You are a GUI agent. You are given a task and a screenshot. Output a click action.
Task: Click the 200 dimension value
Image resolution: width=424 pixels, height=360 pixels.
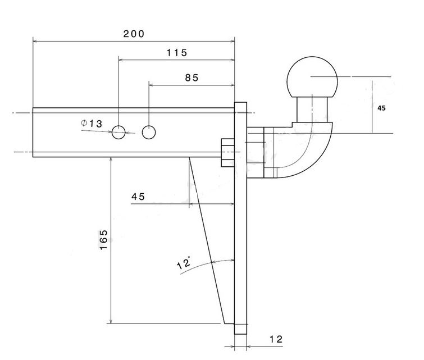click(134, 34)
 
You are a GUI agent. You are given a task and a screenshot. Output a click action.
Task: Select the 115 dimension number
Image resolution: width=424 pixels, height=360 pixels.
click(176, 53)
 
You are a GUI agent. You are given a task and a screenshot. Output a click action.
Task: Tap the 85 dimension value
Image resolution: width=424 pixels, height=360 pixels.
click(192, 78)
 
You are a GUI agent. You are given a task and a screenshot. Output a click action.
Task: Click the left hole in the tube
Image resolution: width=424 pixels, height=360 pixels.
click(118, 133)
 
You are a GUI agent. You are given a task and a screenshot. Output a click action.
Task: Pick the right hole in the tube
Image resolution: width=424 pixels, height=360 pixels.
click(149, 133)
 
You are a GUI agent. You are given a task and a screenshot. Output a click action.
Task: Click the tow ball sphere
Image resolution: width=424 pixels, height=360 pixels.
click(313, 76)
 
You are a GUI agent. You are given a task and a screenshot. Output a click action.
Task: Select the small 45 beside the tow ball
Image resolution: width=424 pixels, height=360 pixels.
click(381, 107)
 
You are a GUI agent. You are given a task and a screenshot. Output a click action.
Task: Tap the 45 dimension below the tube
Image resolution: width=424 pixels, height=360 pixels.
click(138, 197)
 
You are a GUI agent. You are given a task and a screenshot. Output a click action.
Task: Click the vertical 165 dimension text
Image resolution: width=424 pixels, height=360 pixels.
click(104, 240)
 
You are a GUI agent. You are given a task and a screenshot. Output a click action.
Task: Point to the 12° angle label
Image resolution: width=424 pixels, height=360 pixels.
click(184, 263)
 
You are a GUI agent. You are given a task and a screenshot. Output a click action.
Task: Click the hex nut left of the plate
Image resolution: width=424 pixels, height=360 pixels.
click(227, 153)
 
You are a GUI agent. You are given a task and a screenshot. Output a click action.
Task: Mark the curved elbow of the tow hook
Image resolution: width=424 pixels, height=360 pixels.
click(306, 154)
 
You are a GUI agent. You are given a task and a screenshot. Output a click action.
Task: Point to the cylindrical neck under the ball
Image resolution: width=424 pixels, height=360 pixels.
click(312, 109)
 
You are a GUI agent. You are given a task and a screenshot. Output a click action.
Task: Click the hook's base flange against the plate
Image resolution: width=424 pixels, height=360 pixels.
click(256, 153)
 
